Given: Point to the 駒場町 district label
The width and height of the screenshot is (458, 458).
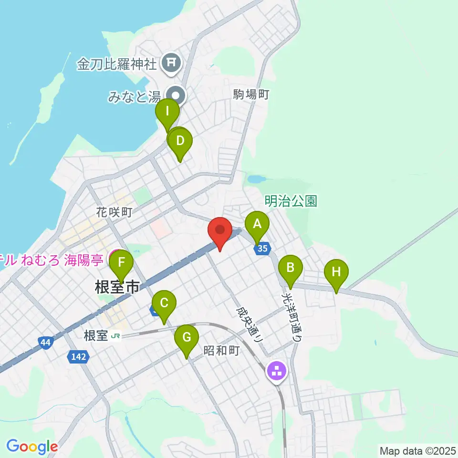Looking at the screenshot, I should pyautogui.click(x=251, y=94).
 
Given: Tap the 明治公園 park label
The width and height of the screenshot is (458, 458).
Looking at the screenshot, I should pyautogui.click(x=291, y=201).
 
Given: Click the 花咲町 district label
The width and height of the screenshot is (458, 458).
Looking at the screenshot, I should pyautogui.click(x=113, y=212).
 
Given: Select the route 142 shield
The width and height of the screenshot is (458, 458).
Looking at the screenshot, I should pyautogui.click(x=76, y=356).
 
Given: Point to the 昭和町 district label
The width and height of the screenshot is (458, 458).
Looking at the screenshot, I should pyautogui.click(x=221, y=351).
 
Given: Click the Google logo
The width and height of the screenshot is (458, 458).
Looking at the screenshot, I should pyautogui.click(x=32, y=447).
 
